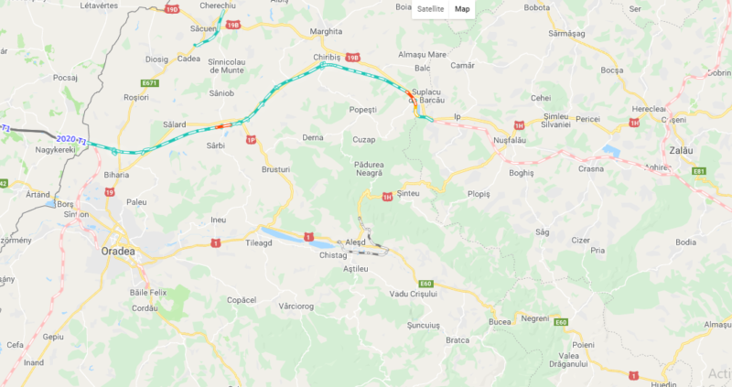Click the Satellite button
[430, 9]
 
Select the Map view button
[463, 9]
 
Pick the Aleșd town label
[354, 242]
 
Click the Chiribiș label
[327, 57]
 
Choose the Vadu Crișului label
[414, 293]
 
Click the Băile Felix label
[152, 291]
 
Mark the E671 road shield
[150, 83]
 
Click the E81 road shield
[699, 171]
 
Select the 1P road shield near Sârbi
[251, 140]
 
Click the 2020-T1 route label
[71, 139]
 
